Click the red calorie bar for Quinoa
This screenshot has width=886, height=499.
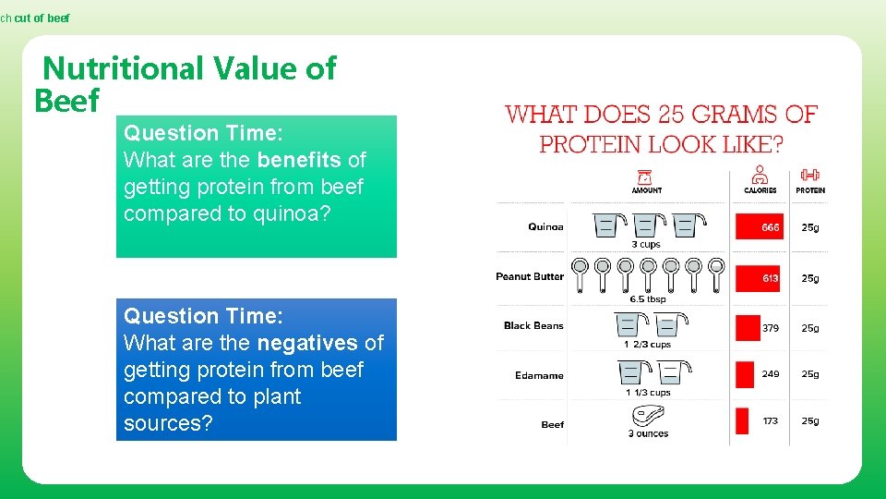(x=759, y=226)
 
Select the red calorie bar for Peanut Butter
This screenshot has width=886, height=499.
(x=757, y=278)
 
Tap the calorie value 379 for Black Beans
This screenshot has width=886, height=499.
(x=770, y=328)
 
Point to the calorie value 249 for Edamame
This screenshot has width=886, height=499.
(x=770, y=374)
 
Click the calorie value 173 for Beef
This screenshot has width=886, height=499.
(x=770, y=421)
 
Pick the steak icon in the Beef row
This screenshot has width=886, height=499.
(x=648, y=416)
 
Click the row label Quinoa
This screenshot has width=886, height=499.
(x=545, y=227)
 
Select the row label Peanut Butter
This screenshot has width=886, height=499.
(x=530, y=276)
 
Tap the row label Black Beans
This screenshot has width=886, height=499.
(x=533, y=326)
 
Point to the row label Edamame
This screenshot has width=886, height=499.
(x=539, y=375)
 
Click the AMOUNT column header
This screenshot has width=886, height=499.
(x=646, y=190)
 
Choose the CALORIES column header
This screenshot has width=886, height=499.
(x=760, y=190)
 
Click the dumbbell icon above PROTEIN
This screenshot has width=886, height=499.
(x=809, y=175)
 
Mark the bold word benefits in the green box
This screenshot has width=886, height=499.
(x=299, y=160)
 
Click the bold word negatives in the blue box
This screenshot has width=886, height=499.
(x=307, y=344)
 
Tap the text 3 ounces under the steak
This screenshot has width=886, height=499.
(x=648, y=433)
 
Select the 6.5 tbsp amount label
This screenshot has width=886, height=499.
(x=648, y=299)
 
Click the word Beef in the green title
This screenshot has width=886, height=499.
(x=66, y=101)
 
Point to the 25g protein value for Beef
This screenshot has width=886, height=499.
(x=809, y=421)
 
